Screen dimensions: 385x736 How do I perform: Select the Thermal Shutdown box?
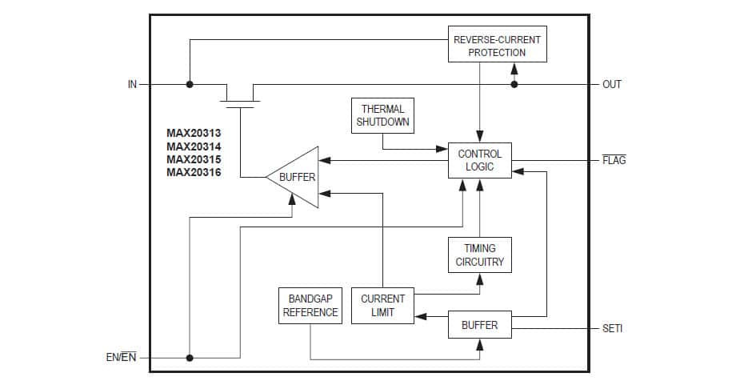click(382, 115)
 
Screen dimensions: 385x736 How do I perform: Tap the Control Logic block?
click(480, 160)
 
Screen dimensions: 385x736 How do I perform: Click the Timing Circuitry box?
click(480, 255)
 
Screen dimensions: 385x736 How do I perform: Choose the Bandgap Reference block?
click(310, 306)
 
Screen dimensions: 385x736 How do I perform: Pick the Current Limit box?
click(382, 306)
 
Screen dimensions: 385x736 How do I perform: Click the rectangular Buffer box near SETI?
click(479, 325)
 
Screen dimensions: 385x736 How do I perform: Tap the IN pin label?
click(133, 84)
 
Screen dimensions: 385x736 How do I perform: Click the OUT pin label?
click(611, 84)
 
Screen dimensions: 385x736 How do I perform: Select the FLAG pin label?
click(614, 160)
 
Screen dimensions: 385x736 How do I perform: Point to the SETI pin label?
click(612, 328)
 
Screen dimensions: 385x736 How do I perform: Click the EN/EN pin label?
click(122, 357)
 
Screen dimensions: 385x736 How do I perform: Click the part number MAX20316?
click(194, 172)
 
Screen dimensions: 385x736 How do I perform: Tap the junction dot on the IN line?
click(190, 84)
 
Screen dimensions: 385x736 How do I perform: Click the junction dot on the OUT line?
click(514, 84)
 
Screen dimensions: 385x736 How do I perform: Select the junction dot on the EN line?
click(190, 357)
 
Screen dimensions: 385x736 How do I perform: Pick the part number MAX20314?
click(194, 146)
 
